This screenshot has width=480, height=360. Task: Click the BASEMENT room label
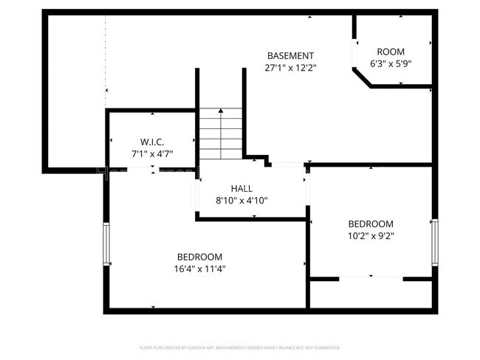pyautogui.click(x=290, y=55)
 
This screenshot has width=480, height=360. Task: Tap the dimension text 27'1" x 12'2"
pyautogui.click(x=290, y=67)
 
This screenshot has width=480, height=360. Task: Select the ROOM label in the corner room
pyautogui.click(x=391, y=51)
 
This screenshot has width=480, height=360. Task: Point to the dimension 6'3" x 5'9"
pyautogui.click(x=391, y=63)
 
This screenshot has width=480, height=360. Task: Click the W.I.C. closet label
pyautogui.click(x=151, y=142)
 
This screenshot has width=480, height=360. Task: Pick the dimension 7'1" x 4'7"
pyautogui.click(x=151, y=153)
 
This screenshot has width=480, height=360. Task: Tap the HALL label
pyautogui.click(x=241, y=188)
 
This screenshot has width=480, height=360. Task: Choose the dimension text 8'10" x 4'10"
pyautogui.click(x=241, y=200)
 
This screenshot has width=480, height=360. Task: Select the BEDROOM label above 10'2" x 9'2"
pyautogui.click(x=371, y=224)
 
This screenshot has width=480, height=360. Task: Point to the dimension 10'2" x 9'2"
pyautogui.click(x=371, y=236)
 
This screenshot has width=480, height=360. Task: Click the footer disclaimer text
pyautogui.click(x=240, y=347)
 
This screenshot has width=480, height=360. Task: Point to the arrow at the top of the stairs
pyautogui.click(x=220, y=112)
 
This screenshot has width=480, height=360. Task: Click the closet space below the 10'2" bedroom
pyautogui.click(x=371, y=294)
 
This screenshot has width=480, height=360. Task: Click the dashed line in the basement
pyautogui.click(x=106, y=59)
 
